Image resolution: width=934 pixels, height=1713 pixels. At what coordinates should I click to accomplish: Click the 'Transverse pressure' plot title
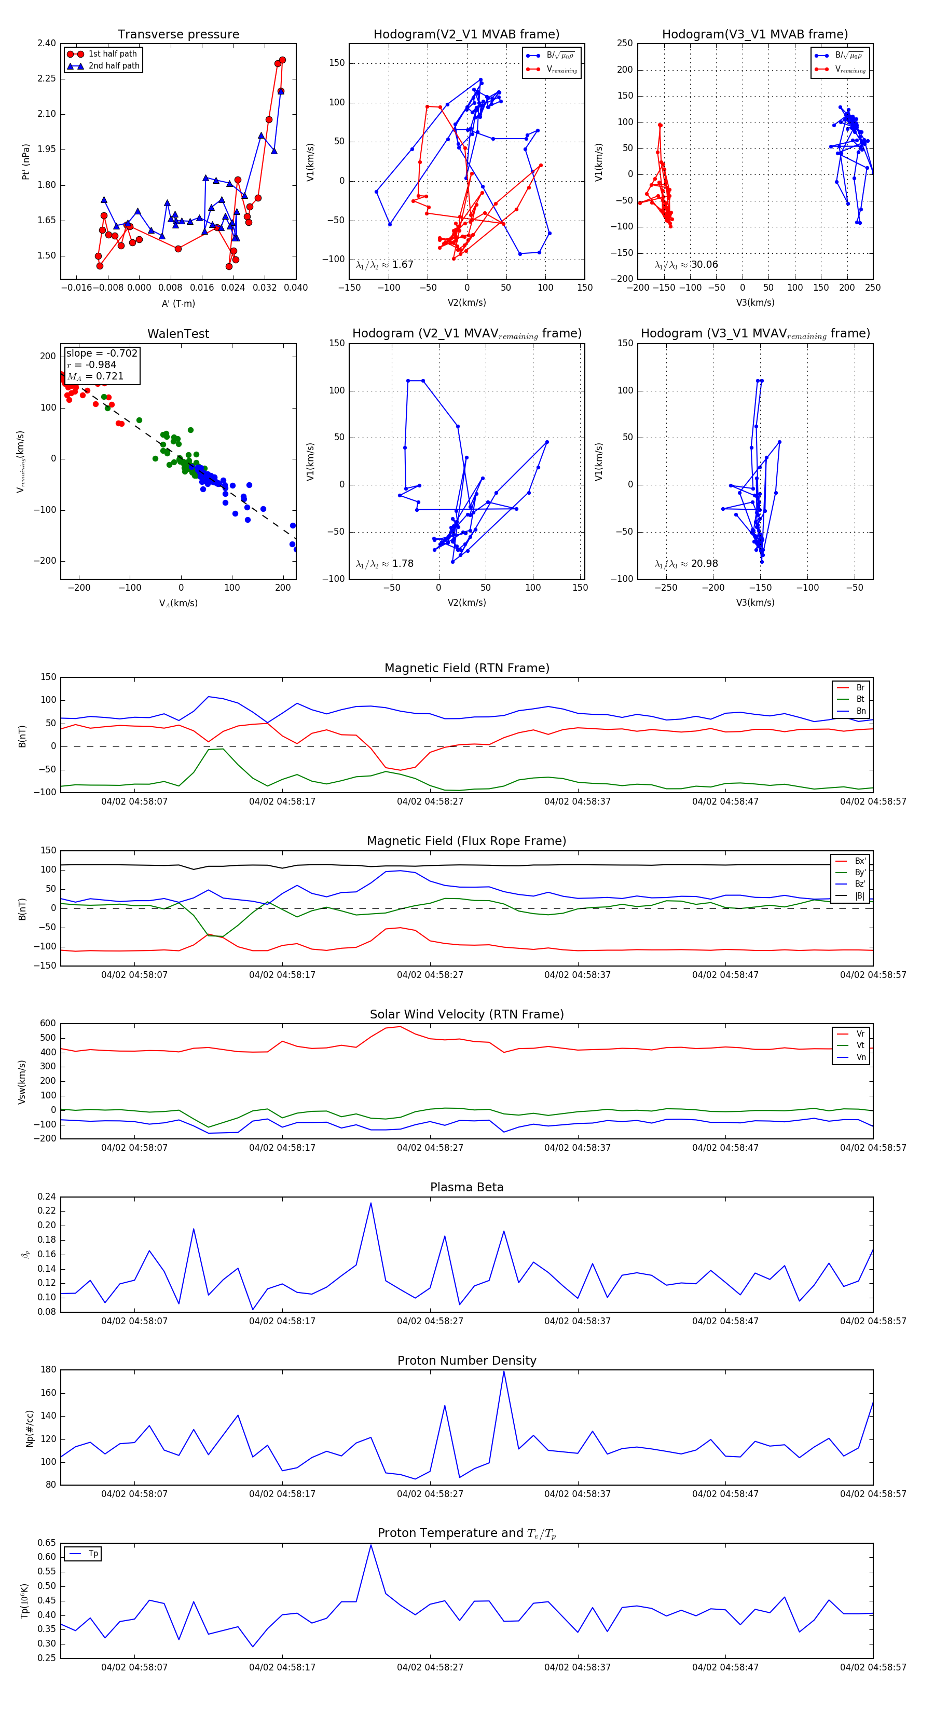pos(178,35)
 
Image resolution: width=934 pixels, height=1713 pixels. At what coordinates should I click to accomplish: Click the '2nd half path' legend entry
pos(114,66)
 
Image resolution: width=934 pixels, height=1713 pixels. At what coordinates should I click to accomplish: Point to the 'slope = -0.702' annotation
pos(102,353)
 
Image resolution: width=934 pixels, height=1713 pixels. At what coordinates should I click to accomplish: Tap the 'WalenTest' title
pos(178,334)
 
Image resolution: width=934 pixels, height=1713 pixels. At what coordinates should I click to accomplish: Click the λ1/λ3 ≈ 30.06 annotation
pos(686,265)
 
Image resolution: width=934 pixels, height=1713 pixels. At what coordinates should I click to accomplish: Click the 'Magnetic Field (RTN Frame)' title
pos(466,668)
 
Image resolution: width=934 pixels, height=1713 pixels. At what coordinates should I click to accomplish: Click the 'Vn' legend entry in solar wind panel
pos(860,1057)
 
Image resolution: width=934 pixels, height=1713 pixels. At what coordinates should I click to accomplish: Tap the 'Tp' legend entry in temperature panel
pos(92,1554)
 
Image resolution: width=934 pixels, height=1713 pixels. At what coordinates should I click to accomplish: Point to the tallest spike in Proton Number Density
pos(503,1371)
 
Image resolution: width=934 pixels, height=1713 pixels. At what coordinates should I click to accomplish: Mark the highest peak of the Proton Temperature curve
pos(371,1545)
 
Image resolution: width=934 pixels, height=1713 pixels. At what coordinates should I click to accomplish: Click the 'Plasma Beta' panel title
pos(466,1188)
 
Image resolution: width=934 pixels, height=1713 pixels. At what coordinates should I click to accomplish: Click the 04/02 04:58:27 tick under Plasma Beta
pos(430,1321)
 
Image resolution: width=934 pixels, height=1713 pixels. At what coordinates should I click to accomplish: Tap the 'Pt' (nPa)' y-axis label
pos(26,161)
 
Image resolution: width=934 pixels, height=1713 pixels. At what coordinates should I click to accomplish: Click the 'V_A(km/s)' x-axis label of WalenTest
pos(178,603)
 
